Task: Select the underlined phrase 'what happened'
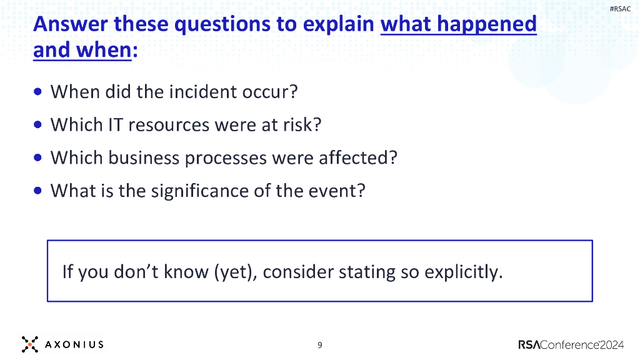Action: pyautogui.click(x=458, y=24)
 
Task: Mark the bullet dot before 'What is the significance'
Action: pyautogui.click(x=39, y=189)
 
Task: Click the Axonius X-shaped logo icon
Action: pyautogui.click(x=29, y=344)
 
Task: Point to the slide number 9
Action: pyautogui.click(x=319, y=345)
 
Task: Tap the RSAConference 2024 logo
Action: pyautogui.click(x=570, y=344)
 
